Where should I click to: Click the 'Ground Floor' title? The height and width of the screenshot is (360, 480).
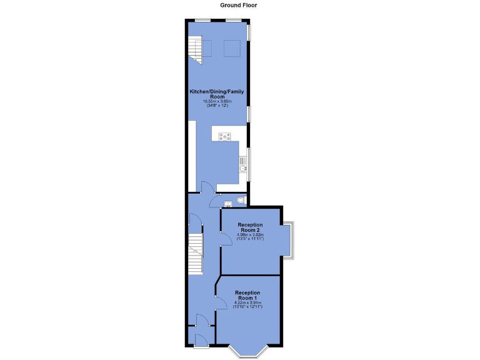coord(239,5)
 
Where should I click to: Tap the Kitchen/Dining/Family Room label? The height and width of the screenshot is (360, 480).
coord(217,94)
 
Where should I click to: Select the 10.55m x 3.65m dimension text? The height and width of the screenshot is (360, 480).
coord(217,102)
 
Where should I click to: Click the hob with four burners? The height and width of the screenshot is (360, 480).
coord(225,136)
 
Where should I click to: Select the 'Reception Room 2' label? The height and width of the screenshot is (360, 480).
coord(249,227)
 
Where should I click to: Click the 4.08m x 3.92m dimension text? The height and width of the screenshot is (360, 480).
coord(249,235)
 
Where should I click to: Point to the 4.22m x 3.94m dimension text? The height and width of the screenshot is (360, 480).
coord(247,303)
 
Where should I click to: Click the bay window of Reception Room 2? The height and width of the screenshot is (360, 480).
coord(289,239)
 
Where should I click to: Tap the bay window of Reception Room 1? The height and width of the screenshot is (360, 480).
coord(247,350)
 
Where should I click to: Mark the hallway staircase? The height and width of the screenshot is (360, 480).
coord(196,254)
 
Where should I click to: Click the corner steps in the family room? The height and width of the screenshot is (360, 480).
coord(196,50)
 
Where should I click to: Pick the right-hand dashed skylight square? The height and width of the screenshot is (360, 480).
coord(232,47)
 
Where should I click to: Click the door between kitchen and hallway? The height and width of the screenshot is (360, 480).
coord(207,187)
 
